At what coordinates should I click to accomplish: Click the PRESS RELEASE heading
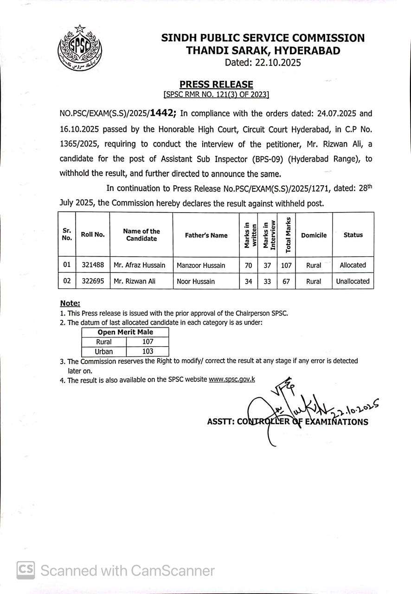tap(216, 84)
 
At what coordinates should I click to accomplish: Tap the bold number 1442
tap(162, 113)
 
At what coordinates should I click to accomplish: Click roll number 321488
tap(93, 265)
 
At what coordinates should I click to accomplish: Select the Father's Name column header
tap(206, 235)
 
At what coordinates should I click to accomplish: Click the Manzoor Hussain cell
tap(201, 265)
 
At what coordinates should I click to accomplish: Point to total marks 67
tap(286, 281)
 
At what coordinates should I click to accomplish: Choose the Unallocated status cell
tap(353, 281)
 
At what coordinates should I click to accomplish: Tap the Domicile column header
tap(314, 235)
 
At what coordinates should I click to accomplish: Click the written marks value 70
tap(248, 265)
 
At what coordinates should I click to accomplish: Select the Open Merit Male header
tap(125, 332)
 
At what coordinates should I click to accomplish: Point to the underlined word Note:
tap(70, 303)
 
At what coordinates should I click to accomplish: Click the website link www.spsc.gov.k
tap(232, 379)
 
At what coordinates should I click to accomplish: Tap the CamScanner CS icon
tap(26, 570)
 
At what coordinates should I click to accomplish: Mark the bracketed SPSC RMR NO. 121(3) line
tap(216, 95)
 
